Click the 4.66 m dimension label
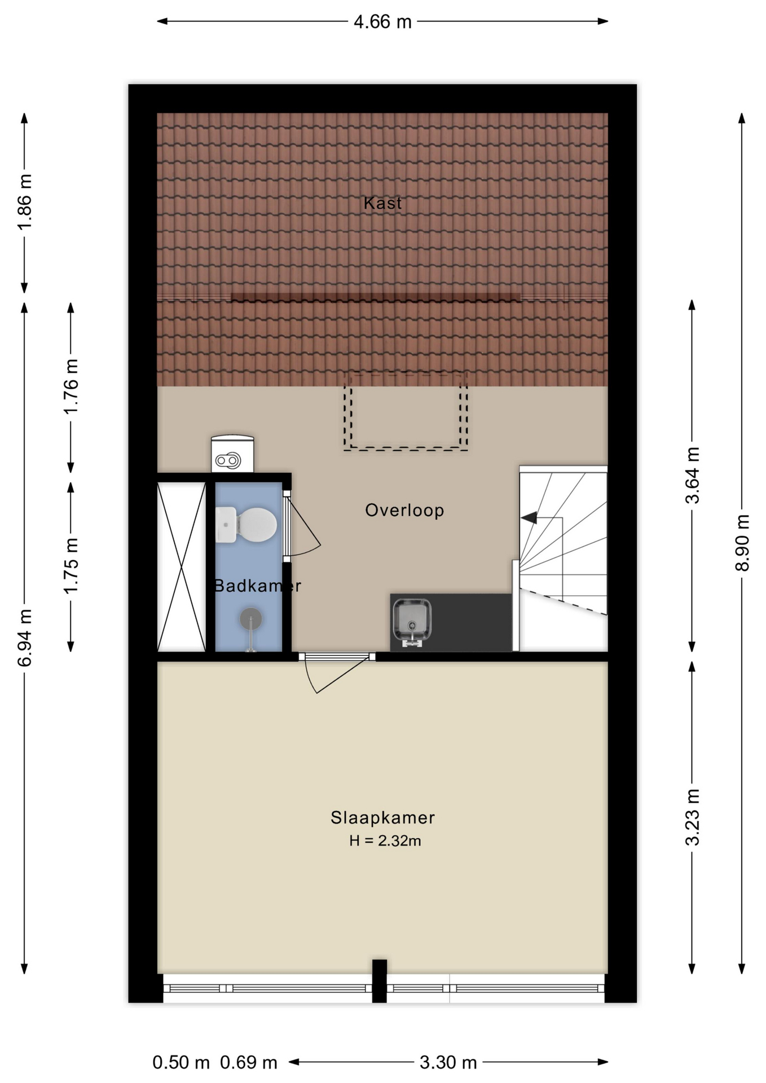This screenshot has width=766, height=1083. [382, 22]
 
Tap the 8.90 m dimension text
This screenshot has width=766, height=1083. [742, 543]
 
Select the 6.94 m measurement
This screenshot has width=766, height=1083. [25, 637]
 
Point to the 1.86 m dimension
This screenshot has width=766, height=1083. [25, 201]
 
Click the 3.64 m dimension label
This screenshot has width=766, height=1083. [692, 475]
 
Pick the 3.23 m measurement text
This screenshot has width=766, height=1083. [692, 817]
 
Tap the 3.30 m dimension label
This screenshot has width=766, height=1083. [448, 1063]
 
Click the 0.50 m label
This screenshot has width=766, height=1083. [181, 1063]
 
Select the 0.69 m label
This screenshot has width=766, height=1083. [249, 1063]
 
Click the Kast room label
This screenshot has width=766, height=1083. [382, 203]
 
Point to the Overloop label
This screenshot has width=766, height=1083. [404, 510]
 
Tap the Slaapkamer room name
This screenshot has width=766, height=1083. [382, 817]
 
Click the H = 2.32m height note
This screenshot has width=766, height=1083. [385, 841]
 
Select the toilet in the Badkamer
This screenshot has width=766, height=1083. [246, 525]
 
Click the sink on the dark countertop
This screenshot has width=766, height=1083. [412, 622]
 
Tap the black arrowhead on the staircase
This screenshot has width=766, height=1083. [529, 517]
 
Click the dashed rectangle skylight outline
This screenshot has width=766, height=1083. [406, 411]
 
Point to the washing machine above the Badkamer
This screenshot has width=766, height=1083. [232, 454]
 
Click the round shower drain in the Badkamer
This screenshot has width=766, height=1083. [251, 619]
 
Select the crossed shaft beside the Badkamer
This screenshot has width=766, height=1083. [182, 567]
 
